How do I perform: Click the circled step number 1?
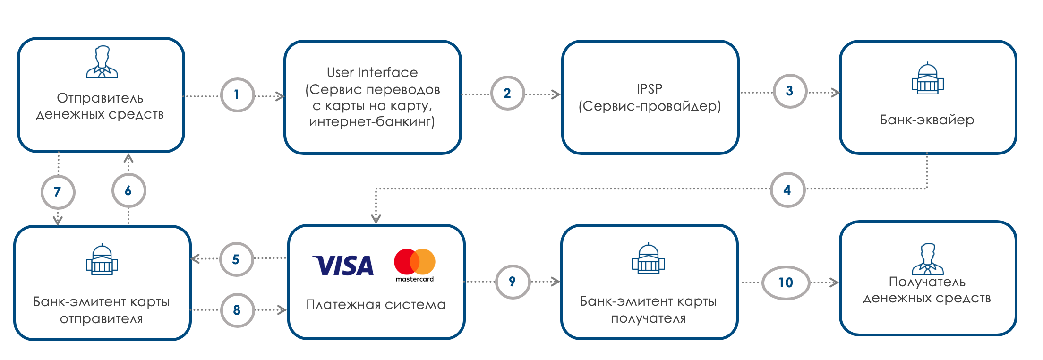(x=237, y=95)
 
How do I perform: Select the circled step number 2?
(x=507, y=93)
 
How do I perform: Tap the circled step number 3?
(x=789, y=91)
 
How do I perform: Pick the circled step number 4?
(x=787, y=190)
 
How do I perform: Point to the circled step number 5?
(x=236, y=259)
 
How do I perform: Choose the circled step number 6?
(x=128, y=190)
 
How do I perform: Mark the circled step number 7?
(x=58, y=192)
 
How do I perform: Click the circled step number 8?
(x=237, y=310)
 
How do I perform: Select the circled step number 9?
(x=513, y=282)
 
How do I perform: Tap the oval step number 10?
(x=786, y=283)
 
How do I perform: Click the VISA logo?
(x=343, y=266)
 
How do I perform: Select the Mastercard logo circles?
(x=414, y=262)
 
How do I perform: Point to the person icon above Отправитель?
(x=102, y=62)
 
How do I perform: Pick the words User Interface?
(x=372, y=72)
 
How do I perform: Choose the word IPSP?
(x=650, y=89)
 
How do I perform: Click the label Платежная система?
(x=376, y=304)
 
